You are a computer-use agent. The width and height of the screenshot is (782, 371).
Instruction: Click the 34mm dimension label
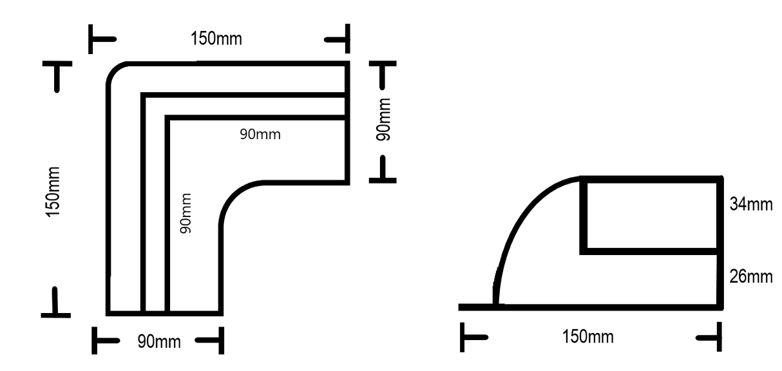(x=750, y=205)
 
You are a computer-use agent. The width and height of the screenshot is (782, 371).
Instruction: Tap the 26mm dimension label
(x=750, y=277)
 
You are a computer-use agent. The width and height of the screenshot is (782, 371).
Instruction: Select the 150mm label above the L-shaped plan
(x=216, y=39)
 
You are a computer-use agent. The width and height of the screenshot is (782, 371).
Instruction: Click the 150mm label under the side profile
(x=588, y=336)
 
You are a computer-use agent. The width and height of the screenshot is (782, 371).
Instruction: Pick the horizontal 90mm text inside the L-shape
(x=260, y=135)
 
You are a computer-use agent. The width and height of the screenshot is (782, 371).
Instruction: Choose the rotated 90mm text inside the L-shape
(x=186, y=214)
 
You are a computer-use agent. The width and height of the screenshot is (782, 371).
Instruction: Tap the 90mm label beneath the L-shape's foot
(x=159, y=341)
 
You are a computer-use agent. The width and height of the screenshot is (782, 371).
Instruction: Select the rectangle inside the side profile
(x=650, y=215)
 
